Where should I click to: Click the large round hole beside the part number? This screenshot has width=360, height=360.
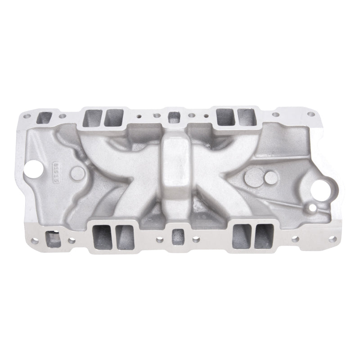[x=35, y=170]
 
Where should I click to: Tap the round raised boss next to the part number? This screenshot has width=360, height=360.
[x=78, y=172]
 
